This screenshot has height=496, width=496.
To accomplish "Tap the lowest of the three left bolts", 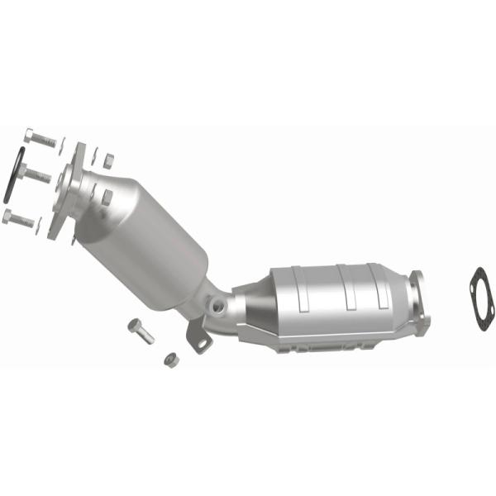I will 20,218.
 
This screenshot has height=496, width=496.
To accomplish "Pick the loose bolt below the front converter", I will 141,331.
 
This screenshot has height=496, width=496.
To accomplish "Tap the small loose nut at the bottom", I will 169,359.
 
